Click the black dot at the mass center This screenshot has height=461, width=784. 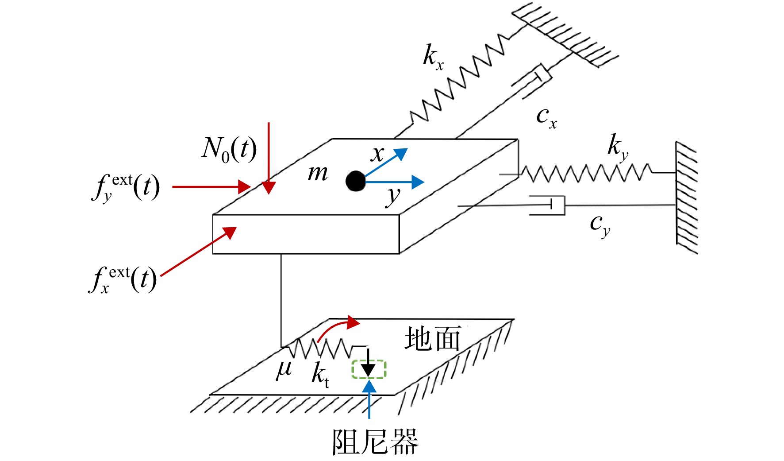(x=356, y=181)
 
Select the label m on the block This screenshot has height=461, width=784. (x=318, y=173)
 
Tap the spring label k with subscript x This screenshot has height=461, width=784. (x=433, y=57)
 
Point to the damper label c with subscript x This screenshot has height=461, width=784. (x=546, y=117)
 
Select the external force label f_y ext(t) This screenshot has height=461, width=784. (x=126, y=187)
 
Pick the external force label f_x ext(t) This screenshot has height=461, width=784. (x=123, y=280)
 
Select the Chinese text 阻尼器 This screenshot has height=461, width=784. (x=375, y=442)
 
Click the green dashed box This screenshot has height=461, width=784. (x=369, y=369)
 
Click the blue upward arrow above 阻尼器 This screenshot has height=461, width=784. (x=369, y=399)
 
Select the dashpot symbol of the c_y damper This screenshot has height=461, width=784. (x=548, y=205)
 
